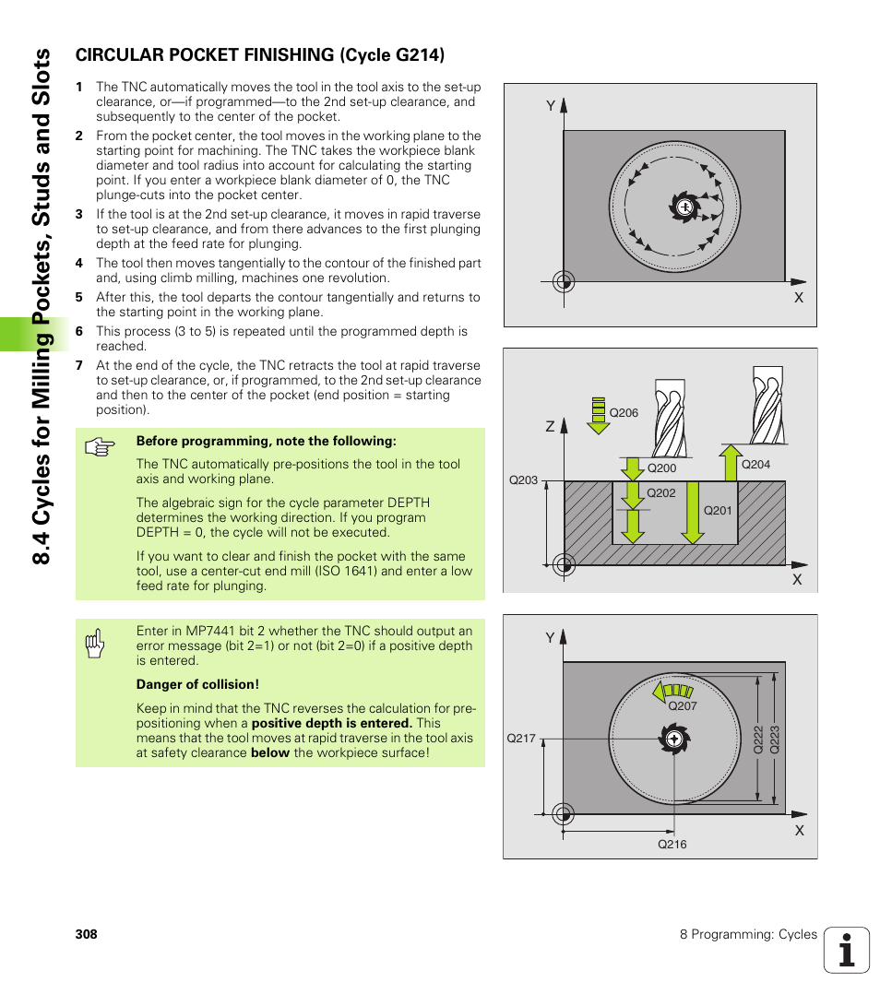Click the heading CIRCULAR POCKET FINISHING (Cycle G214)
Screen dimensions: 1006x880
pos(259,55)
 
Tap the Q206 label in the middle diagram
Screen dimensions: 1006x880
pos(624,413)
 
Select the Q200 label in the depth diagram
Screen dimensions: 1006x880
pos(661,468)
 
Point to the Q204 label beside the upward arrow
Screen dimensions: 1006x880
pos(755,465)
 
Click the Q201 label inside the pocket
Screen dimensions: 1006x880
pos(717,511)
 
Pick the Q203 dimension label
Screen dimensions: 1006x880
pos(523,480)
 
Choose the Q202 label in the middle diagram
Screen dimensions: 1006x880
pos(660,493)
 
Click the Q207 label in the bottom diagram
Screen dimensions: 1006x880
pos(682,706)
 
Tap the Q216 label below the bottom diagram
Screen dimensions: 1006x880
pos(672,845)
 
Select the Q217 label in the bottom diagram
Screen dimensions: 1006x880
pos(521,739)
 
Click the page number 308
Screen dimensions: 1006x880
pos(86,934)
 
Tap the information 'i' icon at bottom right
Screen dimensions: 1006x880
pos(847,950)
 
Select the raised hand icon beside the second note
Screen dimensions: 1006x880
pos(94,645)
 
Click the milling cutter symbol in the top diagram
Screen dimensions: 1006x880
pos(684,207)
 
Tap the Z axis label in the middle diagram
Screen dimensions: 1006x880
pos(550,427)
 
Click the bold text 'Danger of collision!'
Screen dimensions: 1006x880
pos(197,684)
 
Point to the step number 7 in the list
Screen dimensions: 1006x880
pos(78,365)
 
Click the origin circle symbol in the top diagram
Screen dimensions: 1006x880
pos(564,281)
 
